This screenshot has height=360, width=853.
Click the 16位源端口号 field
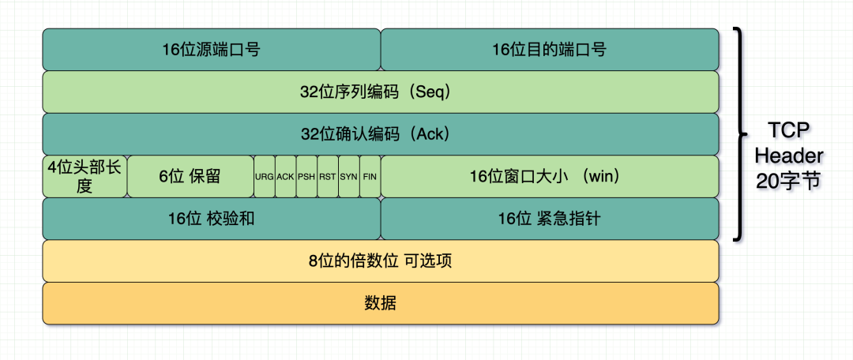click(211, 50)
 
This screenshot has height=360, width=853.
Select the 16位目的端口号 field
click(550, 50)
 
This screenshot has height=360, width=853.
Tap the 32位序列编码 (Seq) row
click(380, 92)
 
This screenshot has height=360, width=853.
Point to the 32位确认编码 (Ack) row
click(380, 134)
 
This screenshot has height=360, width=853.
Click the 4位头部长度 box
click(85, 176)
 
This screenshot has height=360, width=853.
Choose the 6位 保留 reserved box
click(190, 176)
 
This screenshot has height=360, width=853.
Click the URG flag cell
click(264, 176)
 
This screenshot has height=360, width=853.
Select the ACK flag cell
click(285, 176)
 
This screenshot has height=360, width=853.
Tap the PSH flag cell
click(306, 176)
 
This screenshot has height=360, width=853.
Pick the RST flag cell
click(328, 176)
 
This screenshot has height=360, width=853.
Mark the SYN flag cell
click(349, 176)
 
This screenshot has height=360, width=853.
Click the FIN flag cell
click(370, 176)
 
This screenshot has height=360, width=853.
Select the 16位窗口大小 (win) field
click(550, 176)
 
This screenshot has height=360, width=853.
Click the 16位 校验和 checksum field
click(211, 219)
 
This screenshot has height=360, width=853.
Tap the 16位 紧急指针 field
click(550, 219)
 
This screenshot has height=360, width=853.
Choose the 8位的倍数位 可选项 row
click(380, 261)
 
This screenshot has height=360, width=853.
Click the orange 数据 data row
click(380, 303)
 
